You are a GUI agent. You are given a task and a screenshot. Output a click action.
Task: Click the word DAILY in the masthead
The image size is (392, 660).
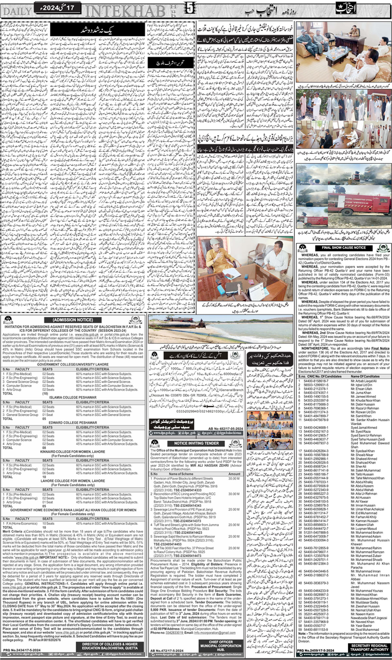click(x=17, y=11)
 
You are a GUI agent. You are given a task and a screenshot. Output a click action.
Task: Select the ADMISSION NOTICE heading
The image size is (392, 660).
click(x=73, y=320)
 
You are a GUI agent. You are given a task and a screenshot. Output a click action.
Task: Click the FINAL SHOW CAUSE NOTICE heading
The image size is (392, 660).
click(x=343, y=248)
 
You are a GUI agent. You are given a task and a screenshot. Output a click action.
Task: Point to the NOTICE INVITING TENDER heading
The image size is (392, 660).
click(x=196, y=443)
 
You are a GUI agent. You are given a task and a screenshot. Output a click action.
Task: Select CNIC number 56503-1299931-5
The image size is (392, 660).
click(x=316, y=385)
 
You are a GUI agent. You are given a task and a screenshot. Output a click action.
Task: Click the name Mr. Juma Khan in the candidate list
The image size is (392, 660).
click(x=358, y=393)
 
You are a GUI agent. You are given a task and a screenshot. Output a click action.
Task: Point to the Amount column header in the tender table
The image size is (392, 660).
click(x=234, y=474)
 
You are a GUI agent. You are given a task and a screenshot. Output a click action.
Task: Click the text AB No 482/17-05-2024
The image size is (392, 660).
click(x=225, y=429)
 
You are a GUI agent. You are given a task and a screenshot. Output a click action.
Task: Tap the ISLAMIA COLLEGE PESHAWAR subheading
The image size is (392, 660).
click(x=73, y=397)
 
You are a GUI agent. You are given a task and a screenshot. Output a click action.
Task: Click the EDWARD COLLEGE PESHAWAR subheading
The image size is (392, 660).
click(x=73, y=422)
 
